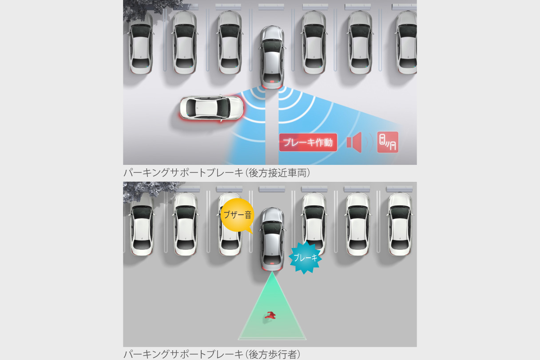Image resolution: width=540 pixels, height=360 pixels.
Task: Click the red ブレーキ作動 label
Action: (x=308, y=143)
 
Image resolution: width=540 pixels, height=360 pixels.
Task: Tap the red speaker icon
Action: (x=354, y=143)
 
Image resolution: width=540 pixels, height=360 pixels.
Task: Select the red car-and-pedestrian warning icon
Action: (x=388, y=142)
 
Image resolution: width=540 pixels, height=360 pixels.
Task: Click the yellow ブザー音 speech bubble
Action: (x=237, y=216)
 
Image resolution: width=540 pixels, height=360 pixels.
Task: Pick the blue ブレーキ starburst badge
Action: (x=306, y=257)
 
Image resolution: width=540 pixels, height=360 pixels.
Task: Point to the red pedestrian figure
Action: (x=270, y=316)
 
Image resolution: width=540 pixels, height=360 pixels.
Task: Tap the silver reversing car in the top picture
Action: (x=272, y=57)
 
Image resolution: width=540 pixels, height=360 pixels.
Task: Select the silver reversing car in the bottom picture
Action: (x=272, y=239)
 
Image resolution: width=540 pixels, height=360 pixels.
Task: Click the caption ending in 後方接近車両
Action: (x=217, y=173)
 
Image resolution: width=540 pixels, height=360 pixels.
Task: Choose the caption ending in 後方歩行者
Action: (x=212, y=355)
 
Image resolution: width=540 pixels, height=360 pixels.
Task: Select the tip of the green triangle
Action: (x=271, y=273)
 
